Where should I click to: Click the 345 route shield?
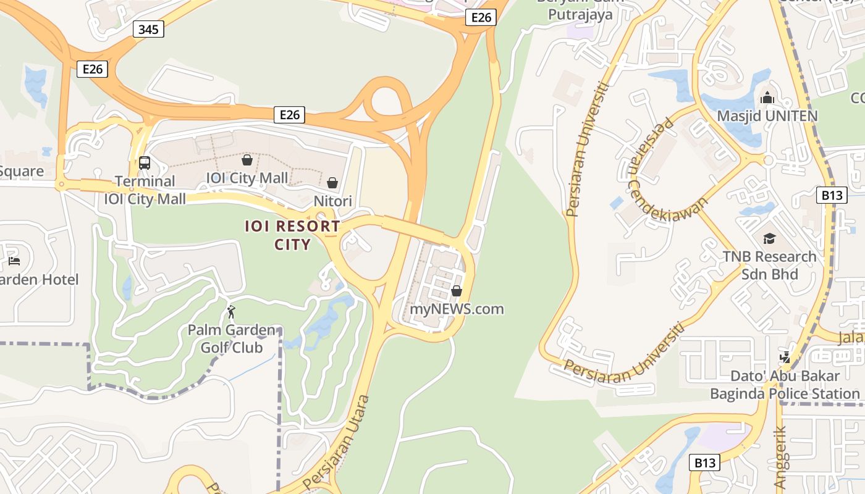tap(148, 29)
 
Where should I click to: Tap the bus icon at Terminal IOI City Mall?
tap(145, 163)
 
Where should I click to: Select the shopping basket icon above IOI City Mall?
tap(247, 160)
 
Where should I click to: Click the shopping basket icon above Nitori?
tap(332, 183)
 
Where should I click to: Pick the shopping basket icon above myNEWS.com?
tap(457, 290)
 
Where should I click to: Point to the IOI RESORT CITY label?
tap(292, 235)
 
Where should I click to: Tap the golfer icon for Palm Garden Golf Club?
tap(232, 312)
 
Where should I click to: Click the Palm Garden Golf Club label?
tap(232, 338)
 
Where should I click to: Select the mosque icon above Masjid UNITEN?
tap(767, 98)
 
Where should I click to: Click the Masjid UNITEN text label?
tap(767, 116)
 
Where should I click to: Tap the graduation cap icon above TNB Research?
tap(769, 238)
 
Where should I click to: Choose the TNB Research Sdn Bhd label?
tap(769, 265)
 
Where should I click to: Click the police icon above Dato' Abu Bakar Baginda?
tap(785, 358)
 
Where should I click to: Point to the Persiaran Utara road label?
tap(336, 440)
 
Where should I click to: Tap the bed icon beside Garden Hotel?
tap(14, 261)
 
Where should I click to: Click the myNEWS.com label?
tap(457, 309)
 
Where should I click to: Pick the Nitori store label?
tap(332, 201)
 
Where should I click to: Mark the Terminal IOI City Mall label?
tap(145, 190)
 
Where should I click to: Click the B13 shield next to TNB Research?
tap(831, 196)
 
